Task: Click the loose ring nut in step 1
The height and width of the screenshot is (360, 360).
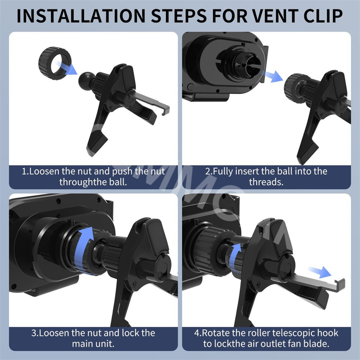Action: point(54,63)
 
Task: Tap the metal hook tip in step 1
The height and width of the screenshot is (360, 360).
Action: point(165,110)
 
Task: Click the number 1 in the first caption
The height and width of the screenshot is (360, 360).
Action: point(24,171)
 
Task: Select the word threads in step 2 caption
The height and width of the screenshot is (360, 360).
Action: point(266,182)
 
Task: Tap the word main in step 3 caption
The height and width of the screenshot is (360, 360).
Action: point(83,344)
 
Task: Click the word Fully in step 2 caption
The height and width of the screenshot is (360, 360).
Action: point(223,171)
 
